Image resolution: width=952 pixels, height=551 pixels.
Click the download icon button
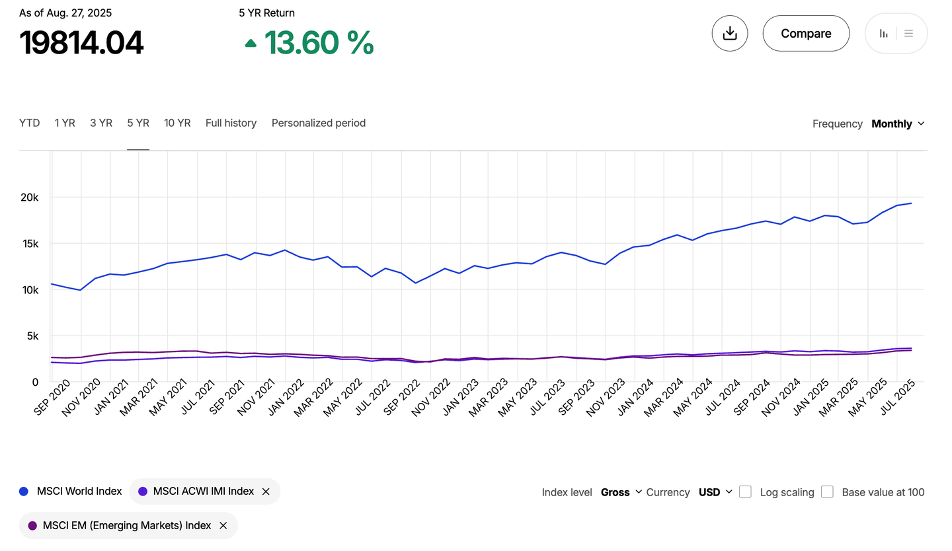point(730,33)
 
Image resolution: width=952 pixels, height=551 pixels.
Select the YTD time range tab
point(29,123)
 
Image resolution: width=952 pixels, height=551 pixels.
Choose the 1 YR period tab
point(65,123)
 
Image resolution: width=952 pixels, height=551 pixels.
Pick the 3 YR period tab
point(101,123)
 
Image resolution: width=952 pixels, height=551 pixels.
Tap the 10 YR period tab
point(177,123)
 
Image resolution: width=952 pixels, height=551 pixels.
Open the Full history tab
point(231,123)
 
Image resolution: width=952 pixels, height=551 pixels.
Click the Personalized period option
point(318,123)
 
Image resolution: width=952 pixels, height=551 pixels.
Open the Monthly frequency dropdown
point(898,124)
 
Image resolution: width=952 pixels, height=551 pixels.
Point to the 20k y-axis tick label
point(29,198)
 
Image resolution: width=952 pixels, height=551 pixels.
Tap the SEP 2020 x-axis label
point(52,398)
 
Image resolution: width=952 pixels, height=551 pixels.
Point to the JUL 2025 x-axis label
point(898,398)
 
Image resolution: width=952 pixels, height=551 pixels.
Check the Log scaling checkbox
point(745,492)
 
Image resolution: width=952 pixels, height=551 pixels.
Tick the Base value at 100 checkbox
point(827,492)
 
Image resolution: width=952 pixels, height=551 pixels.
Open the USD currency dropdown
point(715,492)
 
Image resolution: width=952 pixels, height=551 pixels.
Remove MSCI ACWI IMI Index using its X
point(266,492)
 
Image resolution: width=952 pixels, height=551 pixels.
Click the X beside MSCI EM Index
point(223,526)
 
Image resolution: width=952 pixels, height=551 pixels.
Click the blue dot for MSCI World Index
point(24,492)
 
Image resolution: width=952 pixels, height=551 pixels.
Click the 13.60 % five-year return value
point(319,43)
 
